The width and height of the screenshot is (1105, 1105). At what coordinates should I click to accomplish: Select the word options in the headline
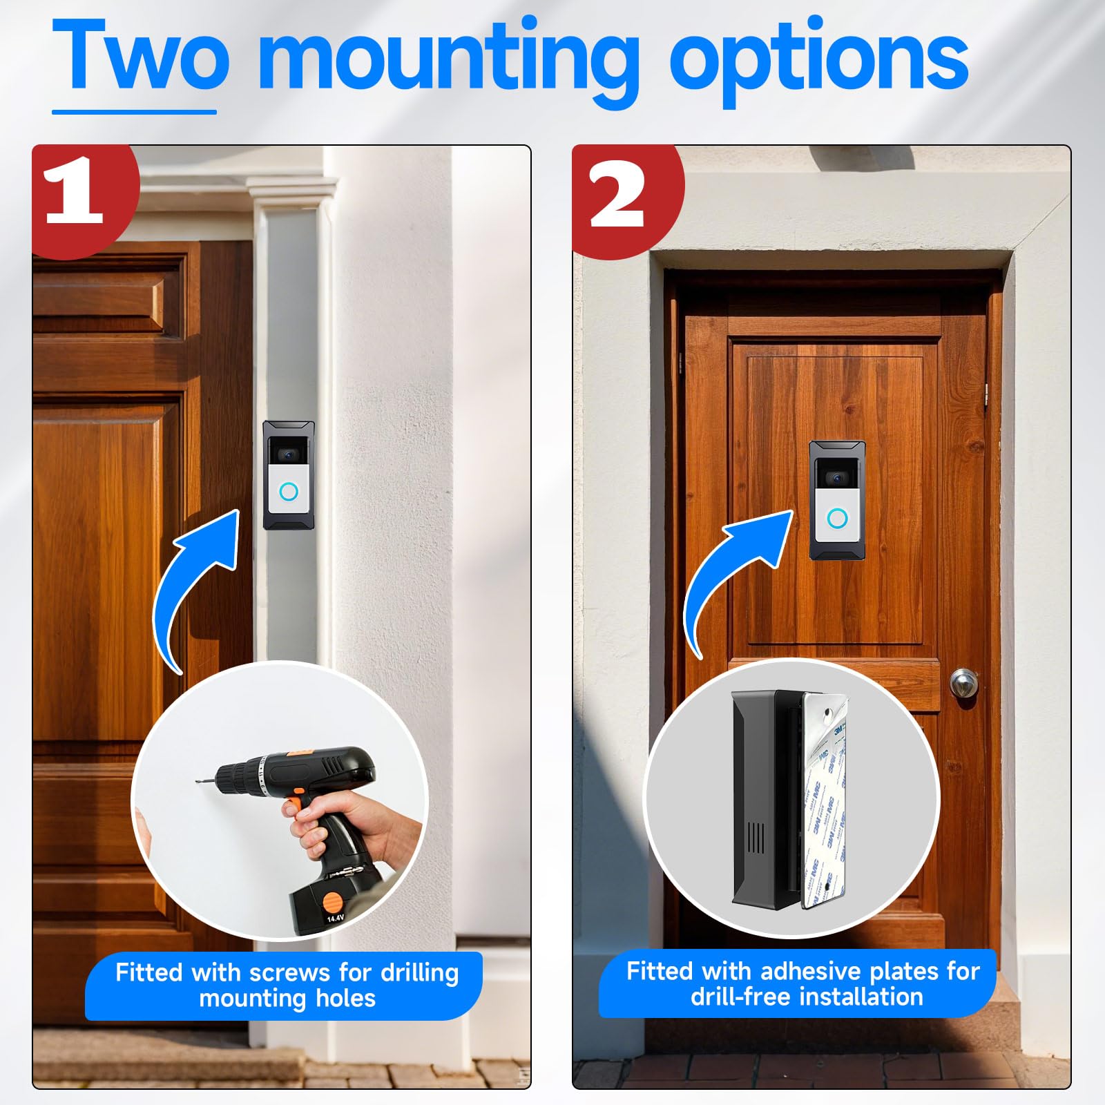818,59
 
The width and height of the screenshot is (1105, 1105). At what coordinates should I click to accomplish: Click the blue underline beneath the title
134,112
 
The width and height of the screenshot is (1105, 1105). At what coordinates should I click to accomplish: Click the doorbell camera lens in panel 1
288,455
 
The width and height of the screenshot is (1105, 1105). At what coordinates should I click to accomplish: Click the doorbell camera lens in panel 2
836,478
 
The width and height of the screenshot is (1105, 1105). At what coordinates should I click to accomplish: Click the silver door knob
963,683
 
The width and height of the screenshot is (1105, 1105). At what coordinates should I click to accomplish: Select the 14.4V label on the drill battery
335,919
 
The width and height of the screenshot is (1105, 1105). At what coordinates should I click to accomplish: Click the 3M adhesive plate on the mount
825,801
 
